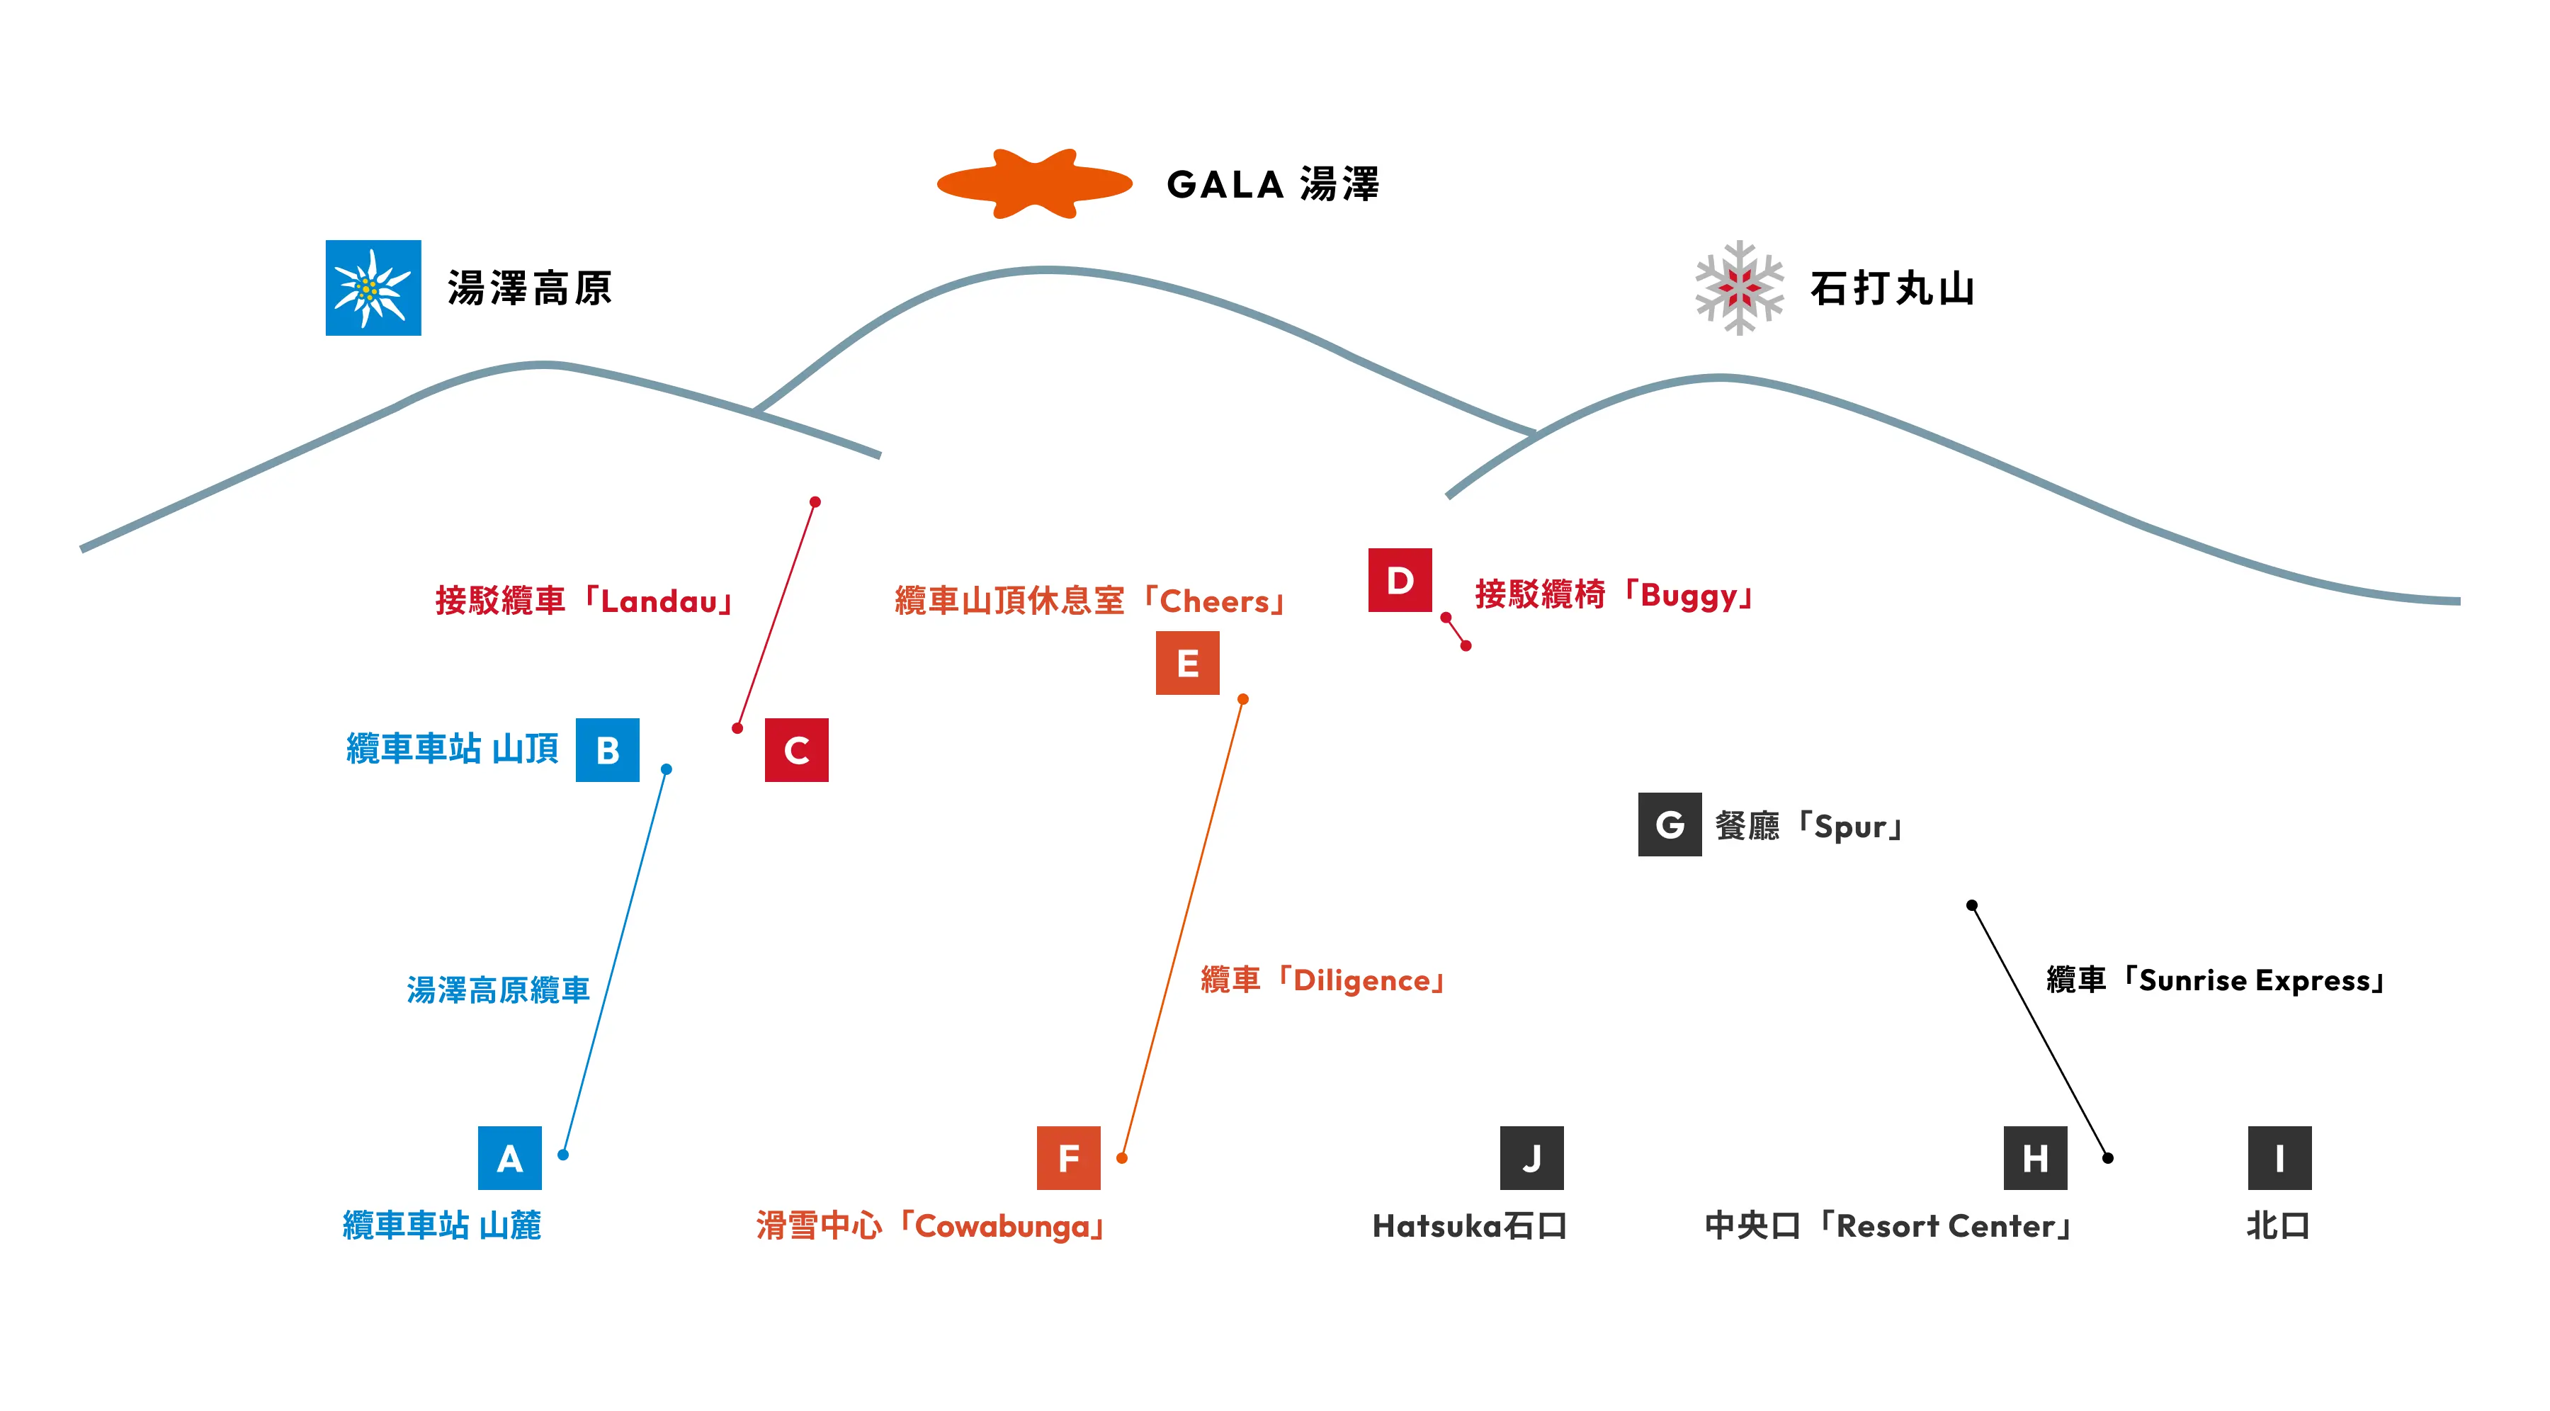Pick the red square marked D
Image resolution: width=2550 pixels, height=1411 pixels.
[1400, 580]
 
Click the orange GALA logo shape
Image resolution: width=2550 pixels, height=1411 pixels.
[1034, 184]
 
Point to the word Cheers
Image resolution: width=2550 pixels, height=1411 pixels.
[1215, 602]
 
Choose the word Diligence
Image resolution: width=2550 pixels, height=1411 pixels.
[1361, 980]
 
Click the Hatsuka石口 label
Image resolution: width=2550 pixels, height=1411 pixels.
[1469, 1227]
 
